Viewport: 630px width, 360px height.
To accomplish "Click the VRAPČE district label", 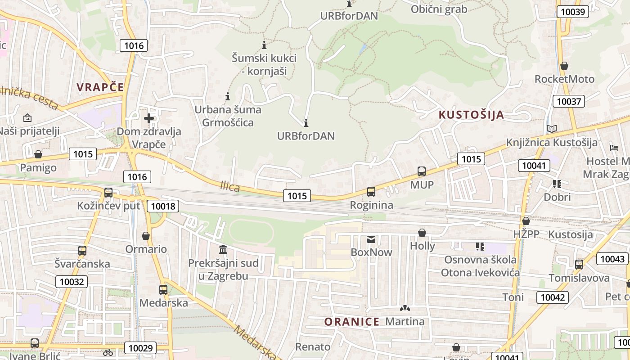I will click(100, 87).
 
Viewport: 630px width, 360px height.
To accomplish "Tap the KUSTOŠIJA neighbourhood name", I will click(471, 115).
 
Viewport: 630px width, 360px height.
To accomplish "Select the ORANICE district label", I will click(352, 322).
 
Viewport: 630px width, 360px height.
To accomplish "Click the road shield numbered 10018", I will click(163, 207).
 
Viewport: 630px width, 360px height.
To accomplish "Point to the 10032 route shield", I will click(72, 282).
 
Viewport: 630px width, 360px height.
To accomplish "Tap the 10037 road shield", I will click(569, 101).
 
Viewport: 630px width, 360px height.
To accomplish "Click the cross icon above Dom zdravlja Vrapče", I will click(149, 118).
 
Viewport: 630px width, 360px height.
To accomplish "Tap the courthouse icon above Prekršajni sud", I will click(223, 250).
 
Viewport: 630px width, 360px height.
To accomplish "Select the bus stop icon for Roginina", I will click(371, 192).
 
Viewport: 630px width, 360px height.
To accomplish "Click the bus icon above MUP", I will click(422, 171).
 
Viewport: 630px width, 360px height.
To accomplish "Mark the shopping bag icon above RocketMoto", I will click(564, 66).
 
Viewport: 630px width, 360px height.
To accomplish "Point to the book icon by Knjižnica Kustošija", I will click(552, 129).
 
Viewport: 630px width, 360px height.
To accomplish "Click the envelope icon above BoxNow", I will click(371, 239).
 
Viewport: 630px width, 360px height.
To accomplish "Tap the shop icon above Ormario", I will click(146, 236).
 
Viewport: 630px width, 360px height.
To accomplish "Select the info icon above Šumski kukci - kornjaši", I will click(264, 45).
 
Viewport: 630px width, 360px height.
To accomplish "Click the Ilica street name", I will click(230, 186).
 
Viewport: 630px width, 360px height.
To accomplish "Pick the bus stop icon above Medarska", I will click(163, 290).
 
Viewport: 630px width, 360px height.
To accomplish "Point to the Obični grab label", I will click(439, 9).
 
